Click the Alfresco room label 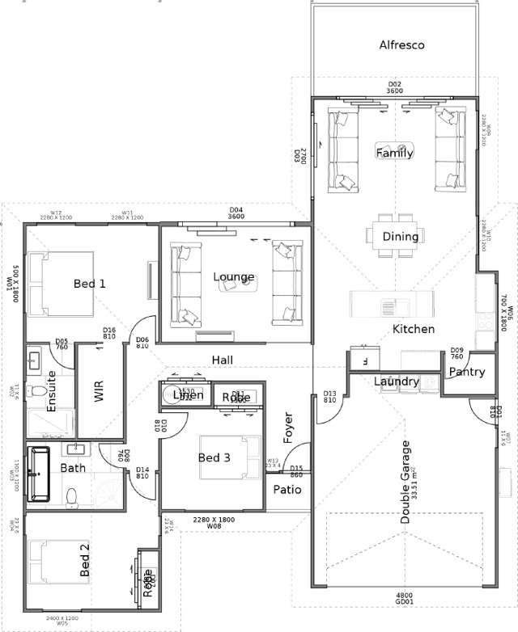(x=401, y=45)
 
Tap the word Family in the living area (x=394, y=153)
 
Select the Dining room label (x=401, y=237)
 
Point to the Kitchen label (x=414, y=329)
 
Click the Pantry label (x=466, y=373)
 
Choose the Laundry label (x=397, y=381)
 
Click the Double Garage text (x=406, y=482)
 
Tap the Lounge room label (x=234, y=277)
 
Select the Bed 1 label (x=89, y=284)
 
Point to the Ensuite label (x=52, y=391)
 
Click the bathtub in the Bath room (x=38, y=474)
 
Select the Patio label (x=287, y=490)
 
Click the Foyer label (x=287, y=428)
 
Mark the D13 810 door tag (x=329, y=396)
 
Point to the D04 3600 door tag (x=236, y=213)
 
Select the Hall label (x=223, y=359)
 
